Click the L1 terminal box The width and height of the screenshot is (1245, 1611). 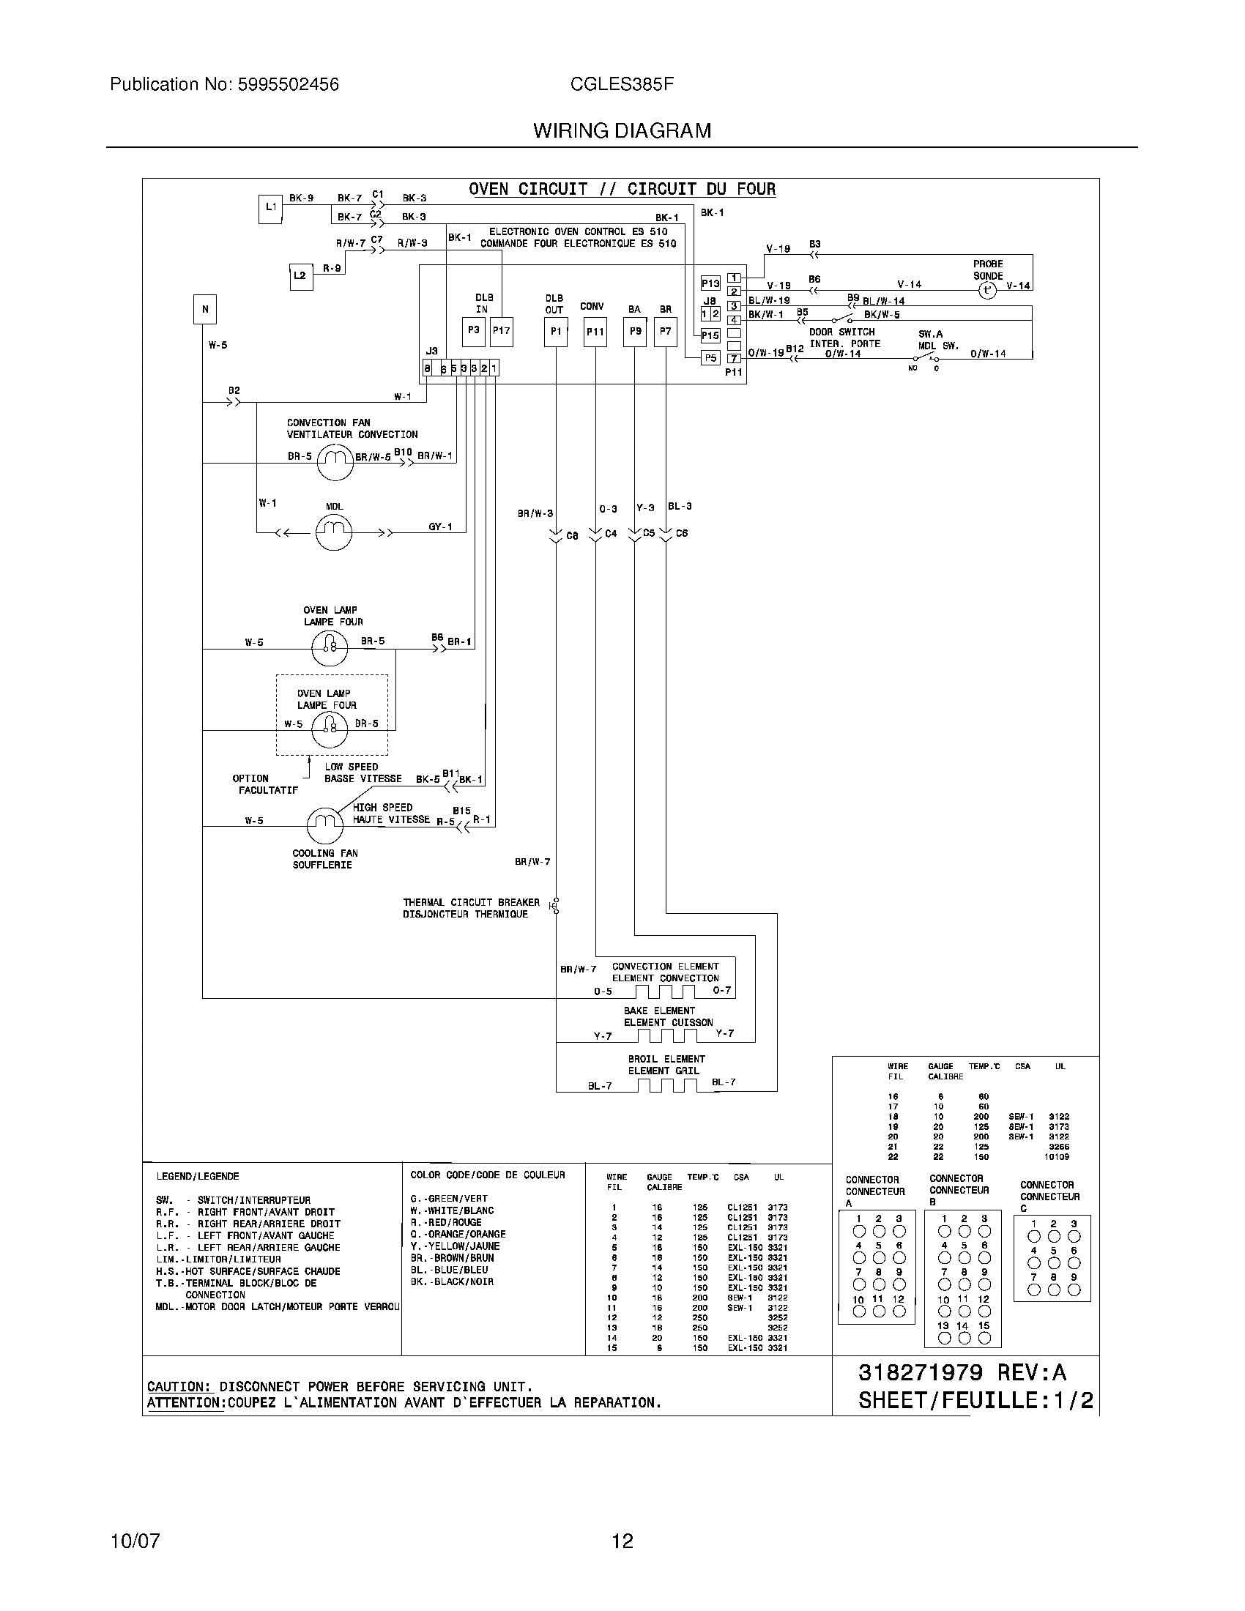pyautogui.click(x=270, y=208)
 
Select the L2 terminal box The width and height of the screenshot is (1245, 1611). pyautogui.click(x=300, y=277)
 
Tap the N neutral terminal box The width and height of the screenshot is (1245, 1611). pyautogui.click(x=205, y=309)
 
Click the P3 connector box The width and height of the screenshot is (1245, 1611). pyautogui.click(x=473, y=331)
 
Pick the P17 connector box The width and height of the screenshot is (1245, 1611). pyautogui.click(x=502, y=331)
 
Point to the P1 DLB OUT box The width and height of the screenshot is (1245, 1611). pyautogui.click(x=556, y=332)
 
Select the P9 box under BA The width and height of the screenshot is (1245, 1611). pyautogui.click(x=635, y=332)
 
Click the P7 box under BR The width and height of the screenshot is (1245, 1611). pyautogui.click(x=665, y=332)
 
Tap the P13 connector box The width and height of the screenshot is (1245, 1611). pyautogui.click(x=710, y=283)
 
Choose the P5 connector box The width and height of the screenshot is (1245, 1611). pyautogui.click(x=710, y=358)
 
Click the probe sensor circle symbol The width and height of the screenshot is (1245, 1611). pyautogui.click(x=987, y=291)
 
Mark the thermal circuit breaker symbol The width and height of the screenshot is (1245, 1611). pyautogui.click(x=555, y=906)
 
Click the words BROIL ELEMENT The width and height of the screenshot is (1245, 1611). pyautogui.click(x=666, y=1059)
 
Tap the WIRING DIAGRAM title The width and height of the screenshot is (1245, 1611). pyautogui.click(x=622, y=131)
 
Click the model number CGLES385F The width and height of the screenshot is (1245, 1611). pyautogui.click(x=622, y=85)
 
